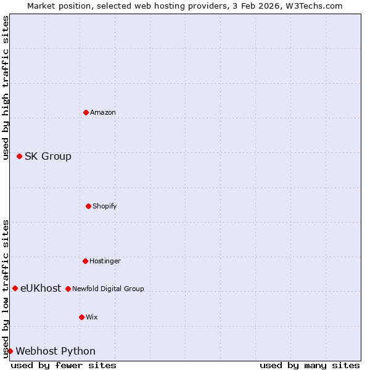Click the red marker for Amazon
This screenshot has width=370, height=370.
coord(86,112)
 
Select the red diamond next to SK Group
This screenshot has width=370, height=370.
coord(19,156)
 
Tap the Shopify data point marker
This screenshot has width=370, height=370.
coord(88,206)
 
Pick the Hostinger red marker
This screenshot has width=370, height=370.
coord(85,261)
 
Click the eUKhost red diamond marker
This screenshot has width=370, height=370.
coord(15,288)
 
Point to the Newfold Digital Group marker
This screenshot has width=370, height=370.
coord(68,289)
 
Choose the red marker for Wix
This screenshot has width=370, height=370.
coord(81,317)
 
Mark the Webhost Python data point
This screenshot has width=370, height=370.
coord(10,351)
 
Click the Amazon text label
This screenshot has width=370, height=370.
coord(103,112)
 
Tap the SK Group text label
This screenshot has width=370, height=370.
coord(48,156)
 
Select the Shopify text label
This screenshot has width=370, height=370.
coord(105,206)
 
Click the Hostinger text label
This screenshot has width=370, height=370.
coord(105,261)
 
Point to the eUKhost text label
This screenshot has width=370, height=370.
coord(41,288)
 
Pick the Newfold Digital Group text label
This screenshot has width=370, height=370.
coord(108,289)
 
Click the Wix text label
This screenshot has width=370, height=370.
coord(92,317)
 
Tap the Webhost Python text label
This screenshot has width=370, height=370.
coord(55,351)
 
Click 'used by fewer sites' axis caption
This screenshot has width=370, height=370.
coord(64,365)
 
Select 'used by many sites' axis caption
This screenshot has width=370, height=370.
coord(310,365)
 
